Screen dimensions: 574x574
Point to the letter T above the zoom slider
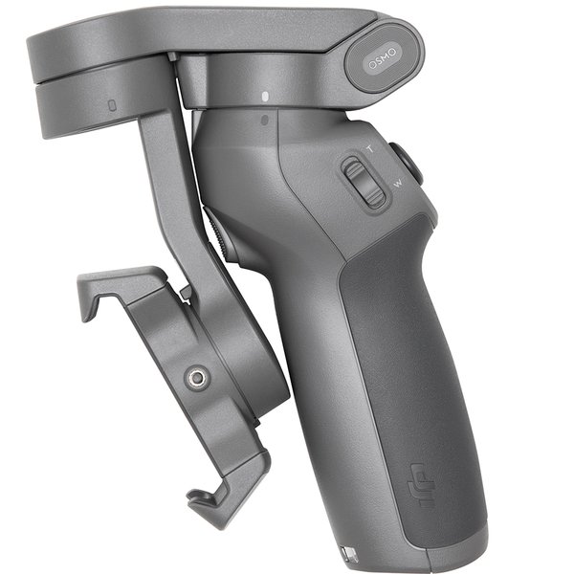(372, 149)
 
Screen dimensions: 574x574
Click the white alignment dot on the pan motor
(263, 97)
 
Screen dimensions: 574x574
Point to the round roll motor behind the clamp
(254, 364)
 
